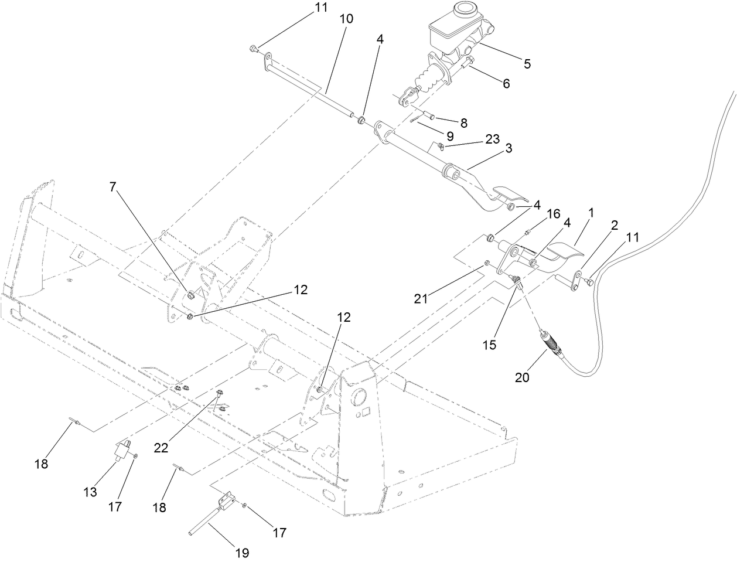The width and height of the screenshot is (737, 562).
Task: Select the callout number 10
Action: [346, 19]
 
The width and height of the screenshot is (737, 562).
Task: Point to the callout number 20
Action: [522, 377]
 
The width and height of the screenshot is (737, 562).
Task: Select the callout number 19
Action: [242, 552]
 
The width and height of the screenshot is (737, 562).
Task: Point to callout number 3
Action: [508, 149]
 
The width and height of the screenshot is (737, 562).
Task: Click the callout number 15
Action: [489, 345]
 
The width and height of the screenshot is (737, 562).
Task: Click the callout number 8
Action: [463, 123]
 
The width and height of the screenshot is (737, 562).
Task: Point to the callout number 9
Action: [450, 135]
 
